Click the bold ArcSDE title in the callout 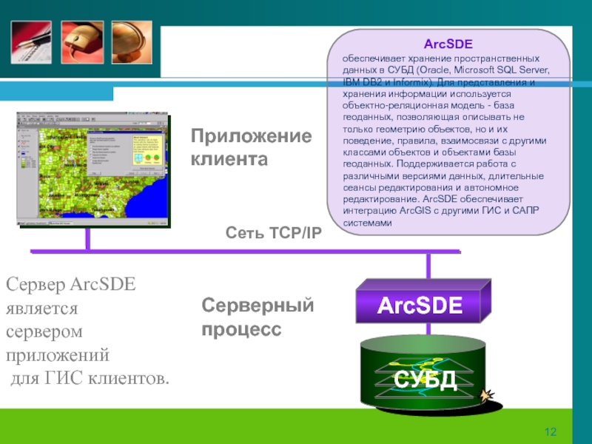[x=452, y=44]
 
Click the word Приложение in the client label [x=251, y=137]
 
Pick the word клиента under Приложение [x=229, y=158]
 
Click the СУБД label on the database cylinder [x=425, y=380]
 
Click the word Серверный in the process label [x=258, y=306]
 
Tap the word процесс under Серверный [x=242, y=328]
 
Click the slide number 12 [x=550, y=432]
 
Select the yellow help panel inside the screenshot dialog [x=146, y=152]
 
